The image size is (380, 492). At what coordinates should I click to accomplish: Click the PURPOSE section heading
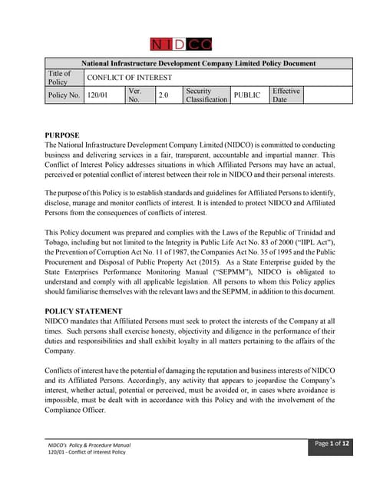pos(61,135)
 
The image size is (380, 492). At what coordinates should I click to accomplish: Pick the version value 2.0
pos(163,95)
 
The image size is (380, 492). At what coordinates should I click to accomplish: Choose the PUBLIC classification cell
pos(246,95)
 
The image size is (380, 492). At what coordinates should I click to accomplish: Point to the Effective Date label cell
pos(286,95)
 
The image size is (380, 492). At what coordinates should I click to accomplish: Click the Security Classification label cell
pos(206,95)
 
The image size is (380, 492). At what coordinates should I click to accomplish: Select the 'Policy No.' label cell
pos(64,95)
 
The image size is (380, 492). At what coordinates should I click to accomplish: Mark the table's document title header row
pos(198,63)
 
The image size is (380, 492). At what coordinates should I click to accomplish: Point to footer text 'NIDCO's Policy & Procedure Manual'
pos(89,445)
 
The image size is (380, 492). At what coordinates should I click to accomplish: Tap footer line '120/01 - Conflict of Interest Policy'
pos(87,453)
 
